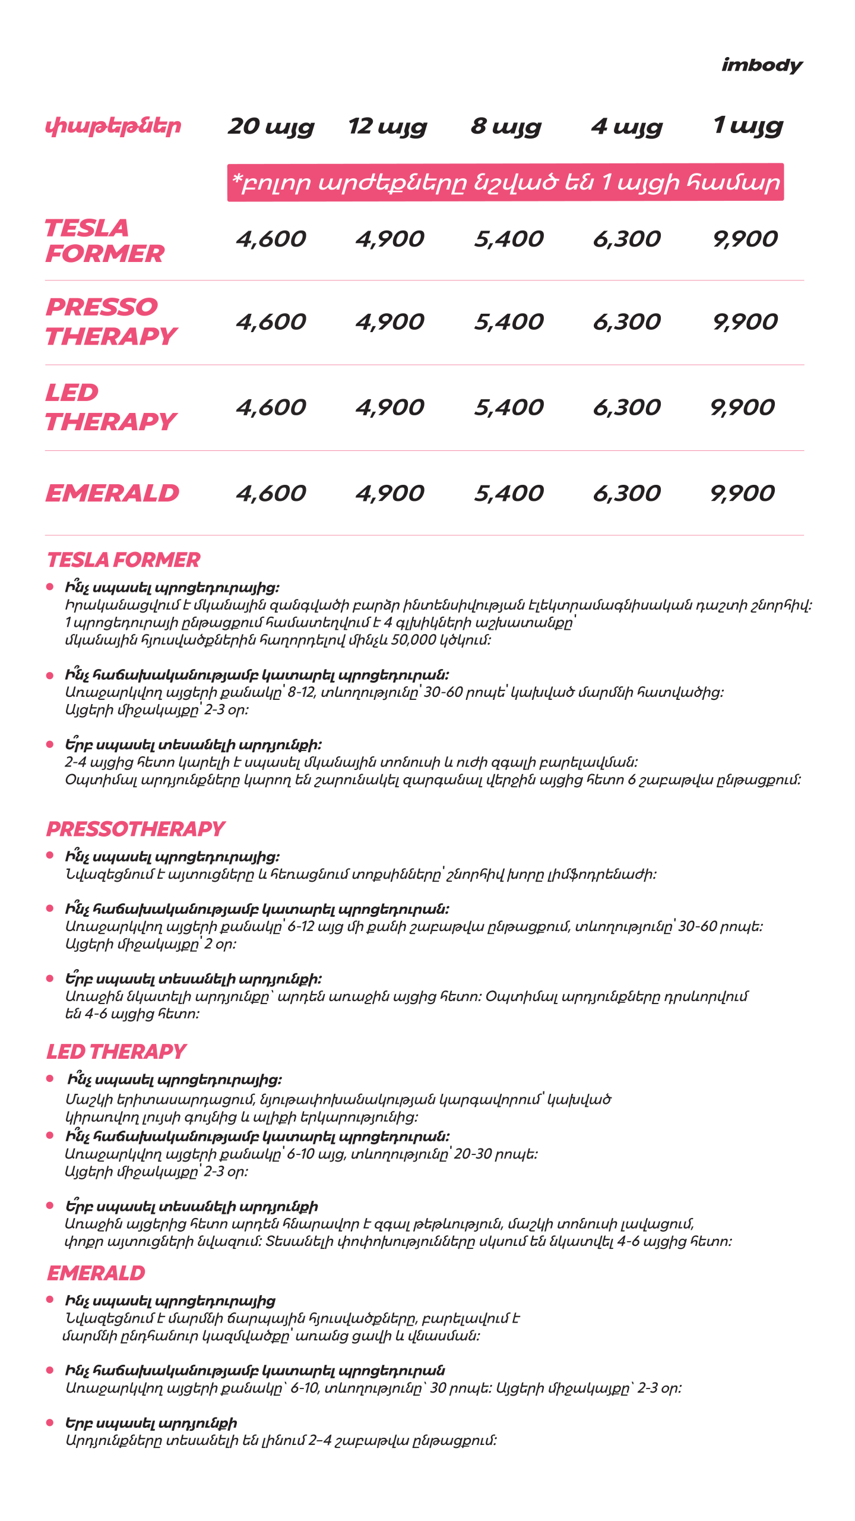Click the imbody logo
click(761, 65)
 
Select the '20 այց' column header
click(271, 127)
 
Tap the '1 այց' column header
click(748, 126)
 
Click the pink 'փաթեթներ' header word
click(113, 127)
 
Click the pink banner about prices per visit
click(505, 182)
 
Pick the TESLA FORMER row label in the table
click(104, 241)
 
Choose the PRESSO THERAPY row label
click(111, 321)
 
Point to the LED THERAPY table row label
click(110, 407)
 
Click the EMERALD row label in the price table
click(112, 493)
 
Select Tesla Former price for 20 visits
click(271, 239)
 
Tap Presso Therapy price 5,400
click(508, 322)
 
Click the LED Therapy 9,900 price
click(742, 408)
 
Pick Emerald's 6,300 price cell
click(626, 493)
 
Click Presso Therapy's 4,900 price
click(389, 322)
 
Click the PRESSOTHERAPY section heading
click(135, 829)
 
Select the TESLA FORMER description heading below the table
click(123, 560)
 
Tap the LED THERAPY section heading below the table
click(116, 1052)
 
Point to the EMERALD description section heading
click(96, 1273)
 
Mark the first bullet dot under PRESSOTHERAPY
click(50, 855)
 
